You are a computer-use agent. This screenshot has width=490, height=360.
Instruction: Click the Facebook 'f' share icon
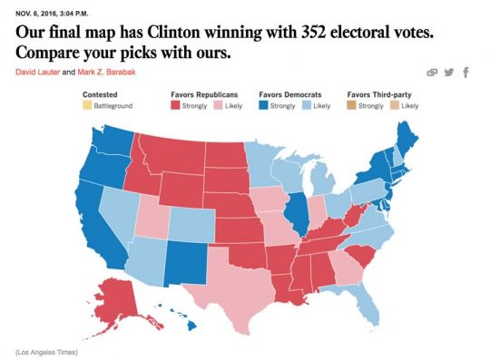click(x=466, y=73)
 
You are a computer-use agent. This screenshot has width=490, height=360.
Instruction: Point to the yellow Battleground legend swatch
click(x=86, y=106)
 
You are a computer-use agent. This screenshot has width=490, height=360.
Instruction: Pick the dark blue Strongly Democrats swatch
click(x=264, y=106)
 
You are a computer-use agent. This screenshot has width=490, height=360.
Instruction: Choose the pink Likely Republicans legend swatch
click(x=217, y=106)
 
